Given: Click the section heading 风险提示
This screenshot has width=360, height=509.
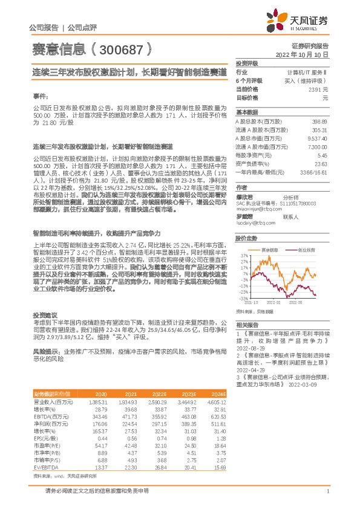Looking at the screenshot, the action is (x=45, y=350).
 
